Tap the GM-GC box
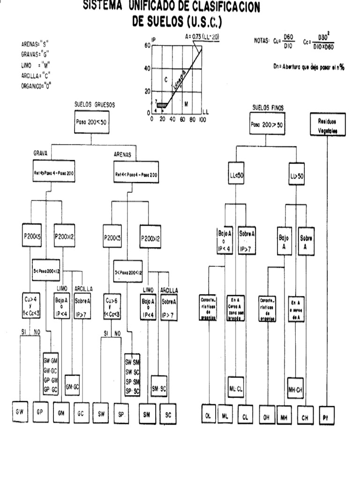point(72,387)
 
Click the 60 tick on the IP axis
point(147,45)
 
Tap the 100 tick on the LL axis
point(202,120)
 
